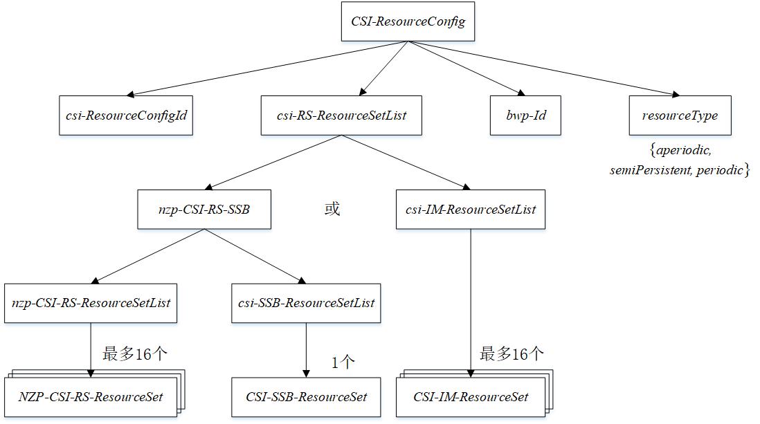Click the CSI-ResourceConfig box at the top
pyautogui.click(x=408, y=21)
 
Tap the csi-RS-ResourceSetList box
pyautogui.click(x=341, y=116)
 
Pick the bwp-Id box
pyautogui.click(x=525, y=116)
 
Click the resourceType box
pyautogui.click(x=679, y=116)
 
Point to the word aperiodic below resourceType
pyautogui.click(x=684, y=150)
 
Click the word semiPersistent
pyautogui.click(x=648, y=169)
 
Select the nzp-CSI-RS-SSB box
pyautogui.click(x=203, y=209)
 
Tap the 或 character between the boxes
pyautogui.click(x=332, y=209)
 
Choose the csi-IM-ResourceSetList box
pyautogui.click(x=471, y=209)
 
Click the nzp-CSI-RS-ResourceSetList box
pyautogui.click(x=91, y=303)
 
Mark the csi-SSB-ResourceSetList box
pyautogui.click(x=306, y=303)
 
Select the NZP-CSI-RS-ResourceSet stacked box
pyautogui.click(x=90, y=397)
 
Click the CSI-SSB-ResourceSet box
pyautogui.click(x=306, y=397)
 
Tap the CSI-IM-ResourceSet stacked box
pyautogui.click(x=471, y=397)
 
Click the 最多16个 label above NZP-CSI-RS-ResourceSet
pyautogui.click(x=135, y=354)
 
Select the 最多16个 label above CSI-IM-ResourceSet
pyautogui.click(x=512, y=354)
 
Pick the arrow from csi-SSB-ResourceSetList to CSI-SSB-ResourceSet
pyautogui.click(x=306, y=350)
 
